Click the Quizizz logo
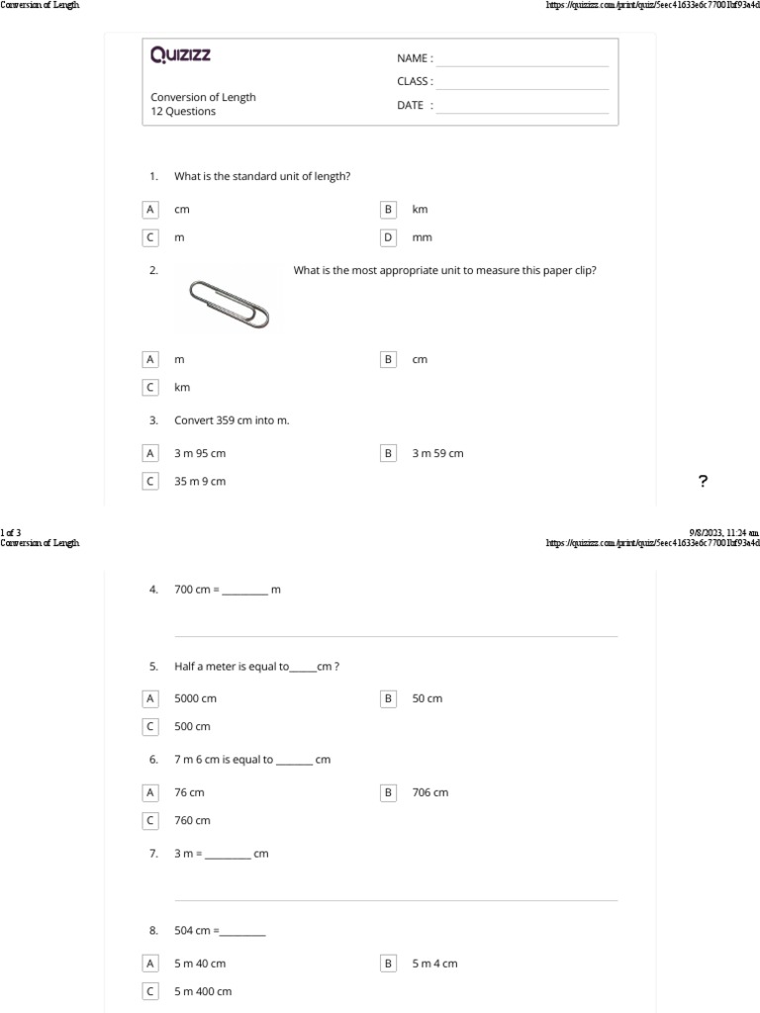click(180, 55)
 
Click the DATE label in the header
click(412, 106)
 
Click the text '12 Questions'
click(183, 112)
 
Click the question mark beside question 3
click(703, 482)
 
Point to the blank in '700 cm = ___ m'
click(244, 592)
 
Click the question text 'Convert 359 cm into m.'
click(232, 420)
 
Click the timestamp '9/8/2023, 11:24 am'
click(723, 532)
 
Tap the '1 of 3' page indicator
click(11, 532)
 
